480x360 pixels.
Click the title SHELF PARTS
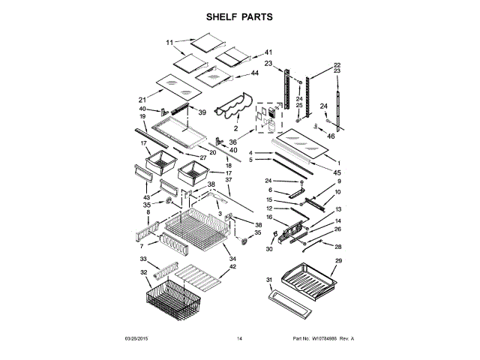pos(239,16)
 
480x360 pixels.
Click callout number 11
pos(169,42)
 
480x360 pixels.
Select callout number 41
pos(268,52)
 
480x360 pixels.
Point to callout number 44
pos(255,73)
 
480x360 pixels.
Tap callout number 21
pos(142,99)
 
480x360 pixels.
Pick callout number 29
pos(338,260)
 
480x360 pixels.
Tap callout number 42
pos(232,267)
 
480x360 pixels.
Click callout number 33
pos(145,257)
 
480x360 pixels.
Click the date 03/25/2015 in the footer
pos(136,340)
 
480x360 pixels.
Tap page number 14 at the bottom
pos(239,340)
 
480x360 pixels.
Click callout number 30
pos(268,250)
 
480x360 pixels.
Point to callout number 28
pos(337,247)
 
